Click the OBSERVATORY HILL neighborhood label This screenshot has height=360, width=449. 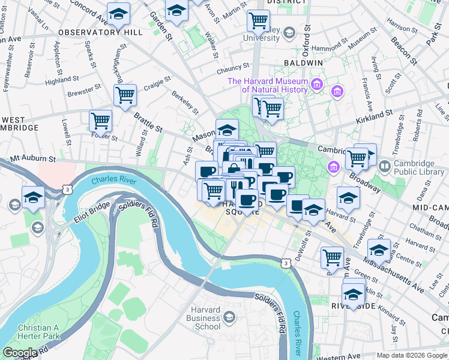point(100,32)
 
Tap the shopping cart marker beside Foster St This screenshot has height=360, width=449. point(100,121)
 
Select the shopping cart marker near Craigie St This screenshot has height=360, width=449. point(125,95)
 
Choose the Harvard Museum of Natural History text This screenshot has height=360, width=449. point(276,85)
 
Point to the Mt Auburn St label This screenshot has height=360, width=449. point(34,160)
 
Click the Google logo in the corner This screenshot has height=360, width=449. point(20,353)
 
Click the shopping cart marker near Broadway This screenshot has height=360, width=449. point(357,158)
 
